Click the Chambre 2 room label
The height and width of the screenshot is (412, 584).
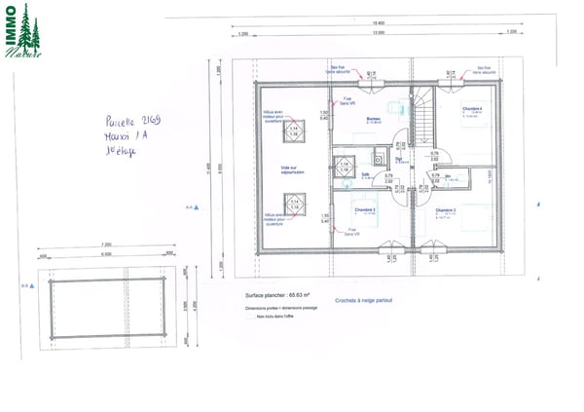tap(447, 209)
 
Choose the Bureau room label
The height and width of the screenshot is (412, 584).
tap(374, 118)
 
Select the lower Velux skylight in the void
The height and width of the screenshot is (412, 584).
tap(293, 204)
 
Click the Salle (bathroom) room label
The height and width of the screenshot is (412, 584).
tap(366, 175)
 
